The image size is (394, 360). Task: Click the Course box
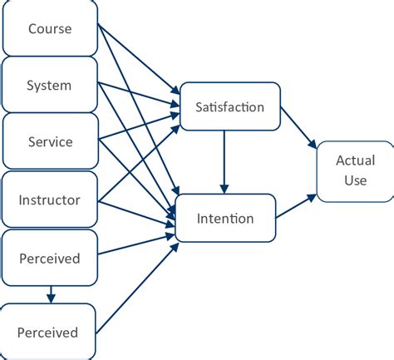click(x=50, y=28)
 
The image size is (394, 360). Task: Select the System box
click(x=50, y=85)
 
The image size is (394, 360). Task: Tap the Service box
click(x=50, y=141)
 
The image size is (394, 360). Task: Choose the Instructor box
click(x=50, y=200)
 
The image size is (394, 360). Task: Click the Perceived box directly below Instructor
click(x=50, y=258)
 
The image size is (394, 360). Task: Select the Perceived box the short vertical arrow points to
click(x=50, y=332)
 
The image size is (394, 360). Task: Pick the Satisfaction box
click(x=229, y=106)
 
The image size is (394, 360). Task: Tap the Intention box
click(x=224, y=219)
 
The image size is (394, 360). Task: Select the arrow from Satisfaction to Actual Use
click(x=298, y=127)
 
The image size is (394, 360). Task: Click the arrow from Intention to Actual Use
click(x=295, y=206)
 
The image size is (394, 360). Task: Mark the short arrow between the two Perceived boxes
click(x=51, y=293)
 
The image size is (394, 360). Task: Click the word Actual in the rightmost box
click(x=355, y=160)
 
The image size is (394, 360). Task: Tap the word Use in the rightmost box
click(x=355, y=180)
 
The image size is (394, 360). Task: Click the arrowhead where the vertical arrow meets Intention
click(x=224, y=189)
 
